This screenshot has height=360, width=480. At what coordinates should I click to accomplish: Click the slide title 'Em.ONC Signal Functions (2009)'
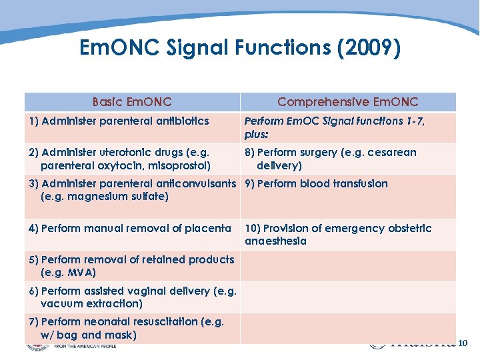click(x=239, y=48)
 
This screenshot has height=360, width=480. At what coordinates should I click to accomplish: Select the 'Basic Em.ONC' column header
click(x=132, y=102)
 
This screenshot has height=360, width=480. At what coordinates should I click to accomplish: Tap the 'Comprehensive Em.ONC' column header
click(x=347, y=102)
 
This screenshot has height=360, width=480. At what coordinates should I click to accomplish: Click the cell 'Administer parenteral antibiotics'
click(x=119, y=121)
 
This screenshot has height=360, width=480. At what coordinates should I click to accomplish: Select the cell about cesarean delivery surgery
click(x=330, y=159)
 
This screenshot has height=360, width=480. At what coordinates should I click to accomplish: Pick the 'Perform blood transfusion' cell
click(x=316, y=184)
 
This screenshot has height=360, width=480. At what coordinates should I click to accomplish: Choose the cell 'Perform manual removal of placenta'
click(x=129, y=229)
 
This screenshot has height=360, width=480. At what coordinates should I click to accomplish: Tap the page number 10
click(x=463, y=343)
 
